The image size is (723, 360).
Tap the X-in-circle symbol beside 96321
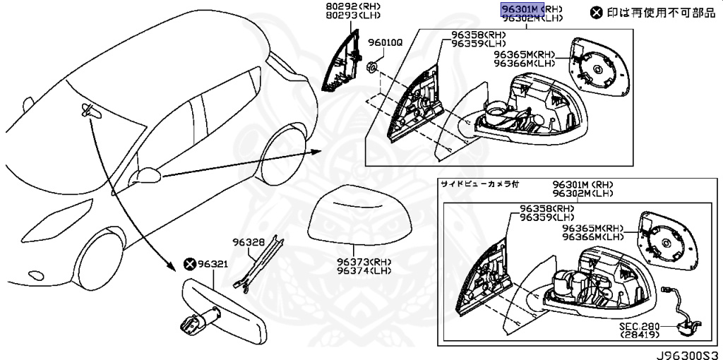[x=189, y=263]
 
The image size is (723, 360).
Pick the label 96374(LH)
[x=363, y=270]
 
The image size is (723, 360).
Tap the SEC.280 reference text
[x=640, y=327]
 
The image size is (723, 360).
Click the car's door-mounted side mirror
[x=148, y=174]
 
